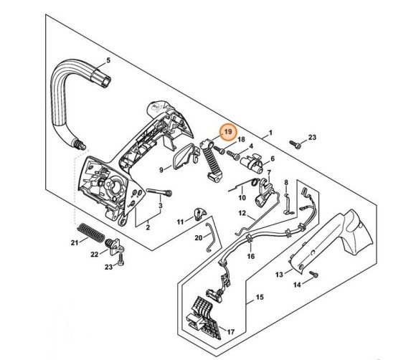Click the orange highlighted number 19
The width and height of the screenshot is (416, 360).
(228, 131)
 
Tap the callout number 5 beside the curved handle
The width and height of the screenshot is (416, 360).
(108, 60)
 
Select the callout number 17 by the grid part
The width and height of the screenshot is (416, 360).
(231, 331)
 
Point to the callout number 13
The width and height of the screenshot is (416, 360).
(279, 275)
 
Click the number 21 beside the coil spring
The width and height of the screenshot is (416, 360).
(75, 242)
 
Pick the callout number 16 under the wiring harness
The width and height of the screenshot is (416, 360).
(251, 256)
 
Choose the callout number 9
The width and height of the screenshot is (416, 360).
(161, 169)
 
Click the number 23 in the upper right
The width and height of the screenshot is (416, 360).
(312, 137)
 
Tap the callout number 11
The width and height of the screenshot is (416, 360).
(181, 222)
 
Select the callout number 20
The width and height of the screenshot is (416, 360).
(199, 238)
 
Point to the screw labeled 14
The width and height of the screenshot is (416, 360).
(313, 274)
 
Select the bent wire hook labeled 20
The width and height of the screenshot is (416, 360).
(211, 237)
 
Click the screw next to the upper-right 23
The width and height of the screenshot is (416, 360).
(296, 144)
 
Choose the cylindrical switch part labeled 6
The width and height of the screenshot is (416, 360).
(252, 163)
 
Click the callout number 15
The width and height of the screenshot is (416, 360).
(260, 297)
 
